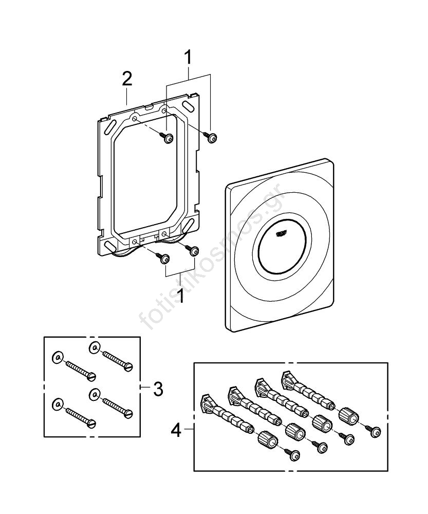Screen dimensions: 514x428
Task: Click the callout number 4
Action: pos(176,430)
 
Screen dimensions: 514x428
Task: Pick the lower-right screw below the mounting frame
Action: pos(194,251)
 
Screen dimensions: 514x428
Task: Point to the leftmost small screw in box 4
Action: pos(295,454)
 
